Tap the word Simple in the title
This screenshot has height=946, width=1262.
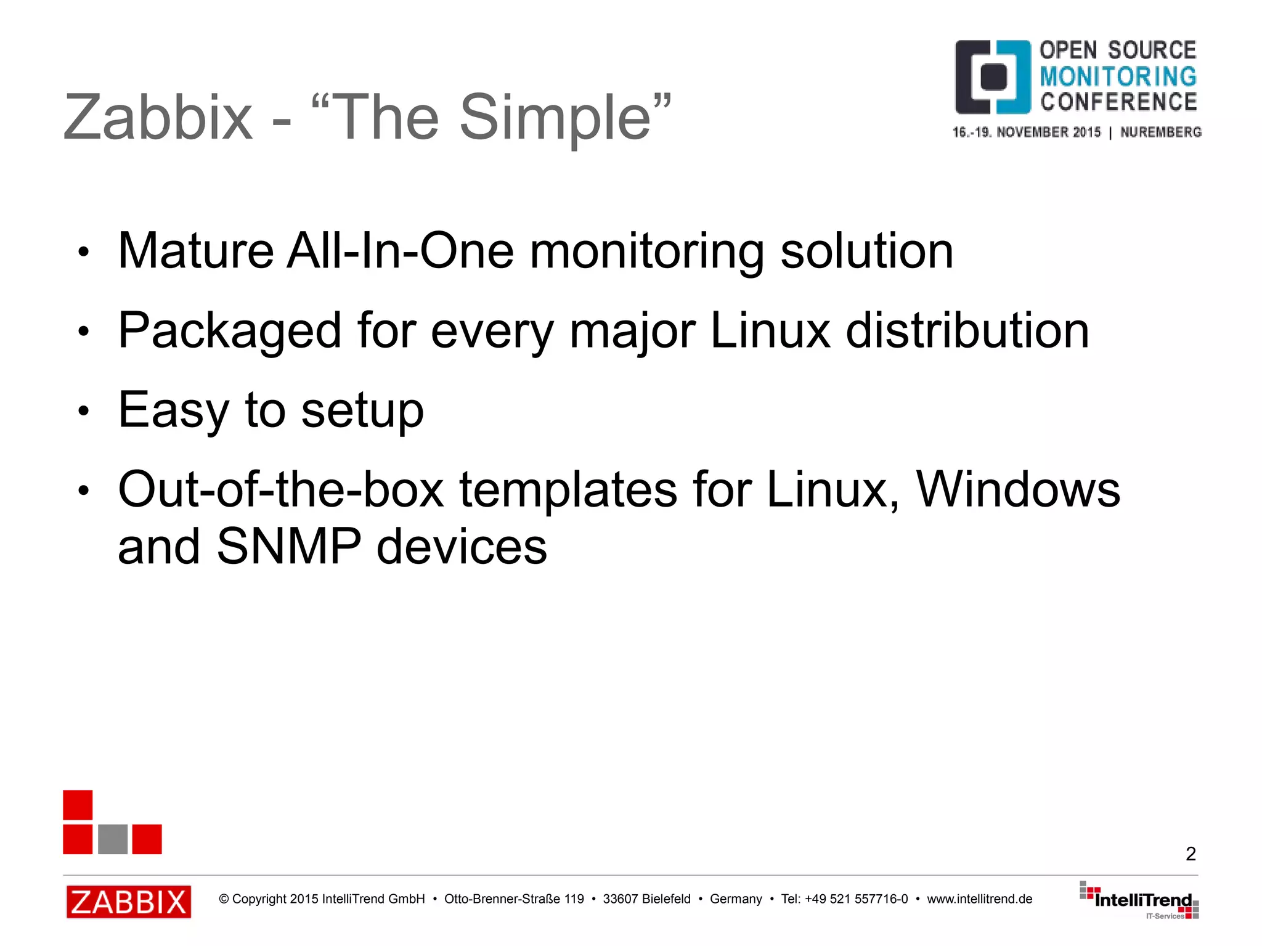pos(555,118)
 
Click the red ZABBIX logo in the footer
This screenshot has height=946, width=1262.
pos(129,902)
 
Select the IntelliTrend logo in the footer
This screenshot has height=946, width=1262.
pos(1139,900)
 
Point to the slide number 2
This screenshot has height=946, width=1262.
pos(1191,854)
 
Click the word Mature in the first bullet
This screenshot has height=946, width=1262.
pos(195,251)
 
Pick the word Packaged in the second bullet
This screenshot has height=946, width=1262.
pos(229,331)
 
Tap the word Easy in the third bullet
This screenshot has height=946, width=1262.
pos(173,410)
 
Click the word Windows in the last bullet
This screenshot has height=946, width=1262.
pos(1018,489)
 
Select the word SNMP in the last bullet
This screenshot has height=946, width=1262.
pos(288,546)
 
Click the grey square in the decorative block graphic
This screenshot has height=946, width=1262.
pos(113,839)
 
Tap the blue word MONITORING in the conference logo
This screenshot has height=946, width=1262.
pos(1118,76)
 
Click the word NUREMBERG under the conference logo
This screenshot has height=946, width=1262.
pos(1160,133)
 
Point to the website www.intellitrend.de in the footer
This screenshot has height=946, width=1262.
pos(979,899)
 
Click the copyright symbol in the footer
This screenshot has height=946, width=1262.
pos(224,899)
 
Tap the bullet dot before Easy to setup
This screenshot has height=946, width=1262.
pos(84,411)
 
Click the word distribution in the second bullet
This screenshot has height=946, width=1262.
pos(967,331)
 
